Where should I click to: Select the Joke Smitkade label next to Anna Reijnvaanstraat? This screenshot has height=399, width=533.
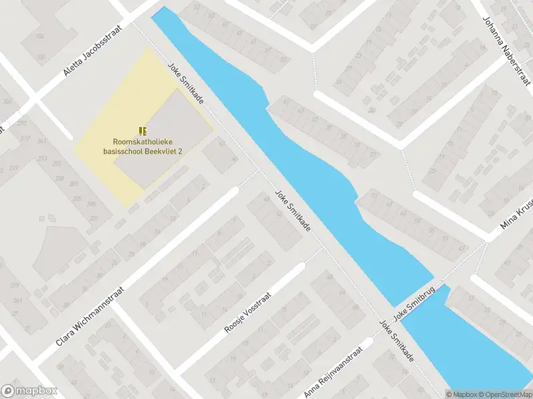(396, 342)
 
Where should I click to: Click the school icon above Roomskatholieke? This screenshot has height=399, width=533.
(143, 130)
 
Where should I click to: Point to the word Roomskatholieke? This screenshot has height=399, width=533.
(143, 142)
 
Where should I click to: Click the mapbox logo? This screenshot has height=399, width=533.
(29, 391)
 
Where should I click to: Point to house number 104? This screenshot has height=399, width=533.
(39, 36)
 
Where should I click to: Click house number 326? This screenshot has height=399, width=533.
(8, 101)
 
